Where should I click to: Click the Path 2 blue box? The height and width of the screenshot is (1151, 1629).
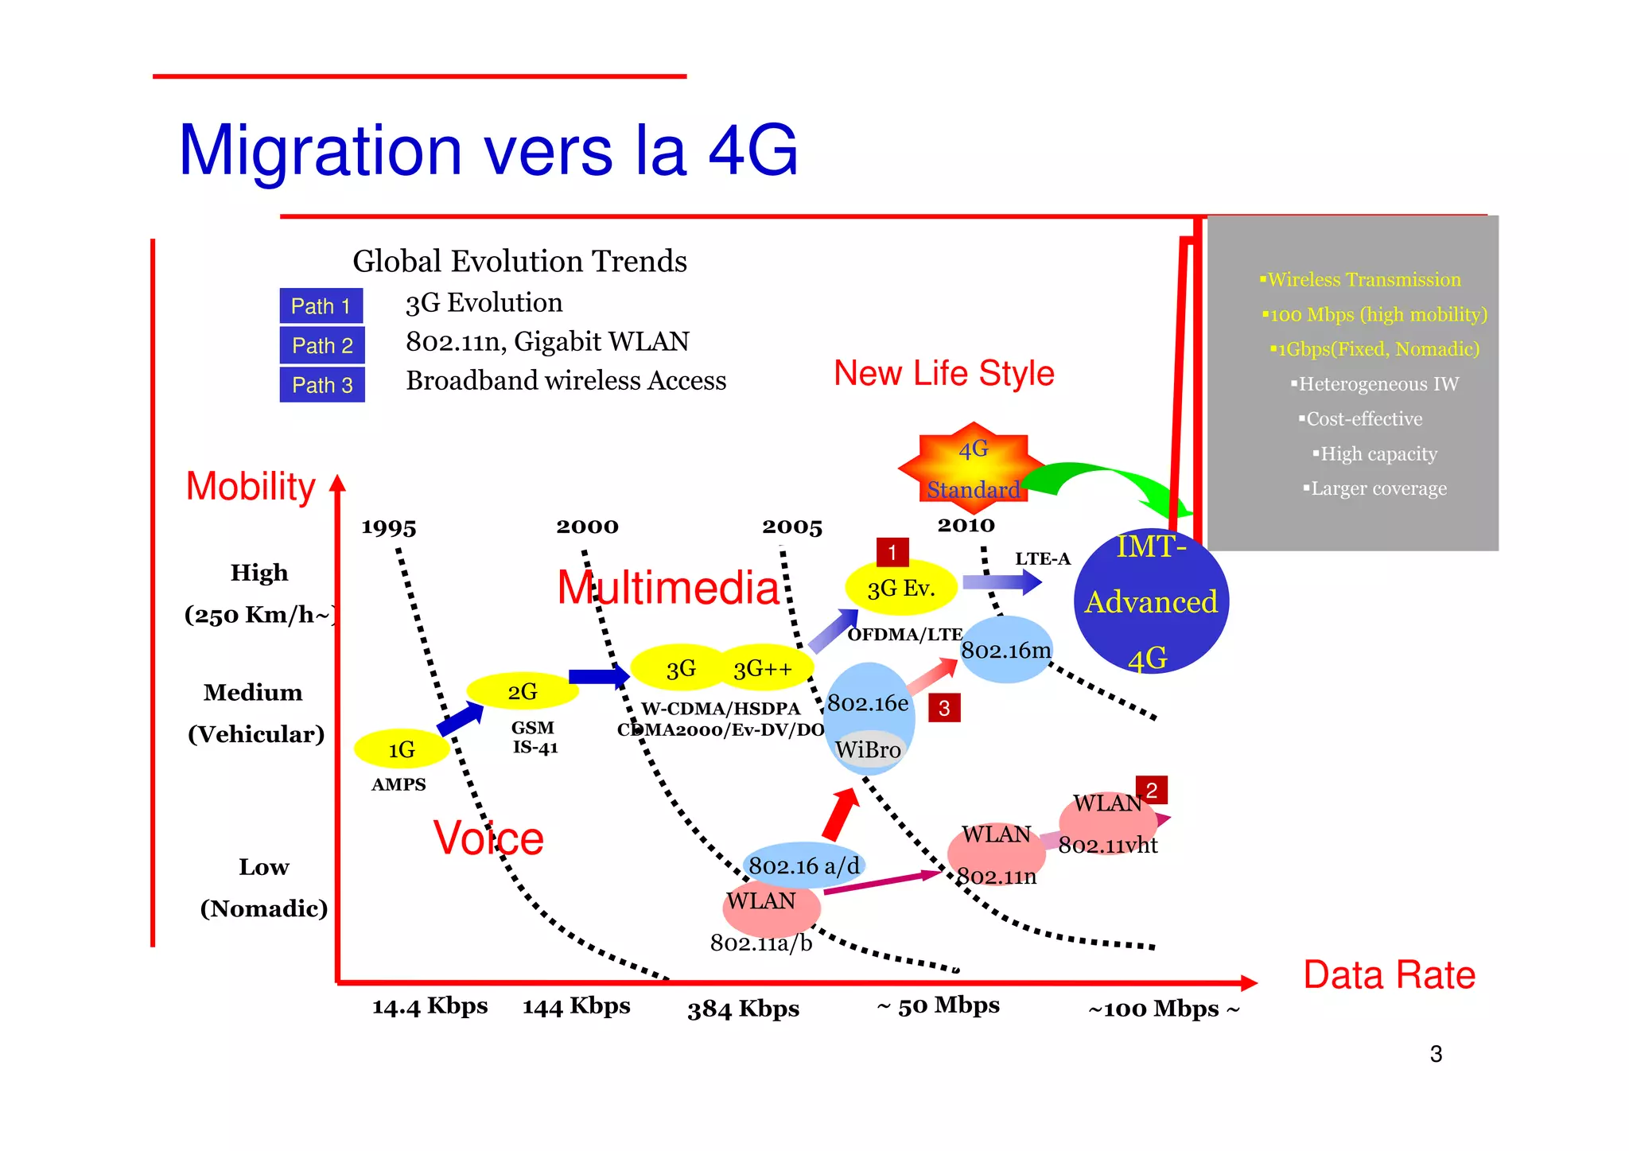[322, 345]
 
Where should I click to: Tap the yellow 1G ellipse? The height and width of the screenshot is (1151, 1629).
[401, 749]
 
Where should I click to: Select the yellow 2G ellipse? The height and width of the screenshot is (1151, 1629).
[522, 691]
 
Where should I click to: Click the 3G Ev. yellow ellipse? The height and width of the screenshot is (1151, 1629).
[900, 589]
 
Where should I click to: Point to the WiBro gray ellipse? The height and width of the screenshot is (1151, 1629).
[868, 750]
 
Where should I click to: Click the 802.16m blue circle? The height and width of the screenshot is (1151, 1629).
[1006, 650]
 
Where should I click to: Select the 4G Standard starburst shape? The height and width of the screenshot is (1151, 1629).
[973, 467]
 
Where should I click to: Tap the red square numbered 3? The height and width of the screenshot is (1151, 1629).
[944, 708]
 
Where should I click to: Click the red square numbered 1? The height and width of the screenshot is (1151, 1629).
[892, 552]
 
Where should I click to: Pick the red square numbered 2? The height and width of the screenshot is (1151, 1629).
[1151, 790]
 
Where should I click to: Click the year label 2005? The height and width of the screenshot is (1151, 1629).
[791, 527]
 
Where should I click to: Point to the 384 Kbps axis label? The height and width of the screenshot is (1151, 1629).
[743, 1009]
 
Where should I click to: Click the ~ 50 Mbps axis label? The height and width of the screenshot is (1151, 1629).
[938, 1005]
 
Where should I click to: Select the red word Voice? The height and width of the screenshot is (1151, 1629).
[488, 838]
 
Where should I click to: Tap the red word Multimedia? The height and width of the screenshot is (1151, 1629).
[668, 588]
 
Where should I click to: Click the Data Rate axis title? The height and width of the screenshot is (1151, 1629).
[1389, 975]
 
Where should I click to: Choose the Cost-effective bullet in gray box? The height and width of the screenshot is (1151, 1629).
[1363, 419]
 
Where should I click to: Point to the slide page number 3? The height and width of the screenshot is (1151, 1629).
[1436, 1054]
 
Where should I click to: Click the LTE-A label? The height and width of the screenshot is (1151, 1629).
[1042, 559]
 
